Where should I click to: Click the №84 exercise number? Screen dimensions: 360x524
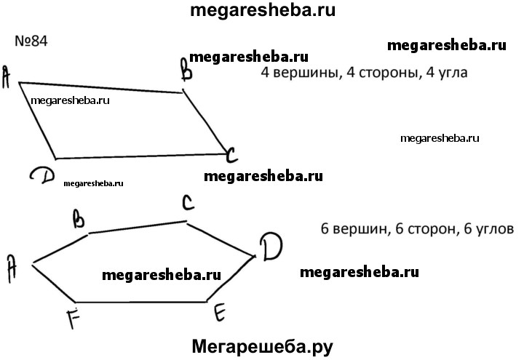click(31, 41)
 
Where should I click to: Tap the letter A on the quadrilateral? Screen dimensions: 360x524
click(7, 76)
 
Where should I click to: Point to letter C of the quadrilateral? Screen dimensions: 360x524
click(231, 155)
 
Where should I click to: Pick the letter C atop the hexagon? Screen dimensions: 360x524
click(187, 204)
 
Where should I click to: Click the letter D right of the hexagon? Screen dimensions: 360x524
click(271, 248)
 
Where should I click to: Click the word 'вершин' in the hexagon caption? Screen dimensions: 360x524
click(356, 228)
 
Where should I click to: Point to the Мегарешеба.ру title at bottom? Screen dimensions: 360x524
click(262, 347)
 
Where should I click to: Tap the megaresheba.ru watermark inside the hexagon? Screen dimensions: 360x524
click(162, 275)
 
